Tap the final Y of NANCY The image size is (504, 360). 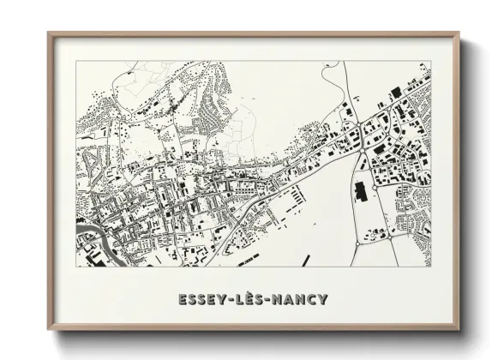(322, 299)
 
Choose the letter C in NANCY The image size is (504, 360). (311, 299)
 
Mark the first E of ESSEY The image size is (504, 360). (182, 299)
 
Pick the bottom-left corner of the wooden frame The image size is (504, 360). (49, 330)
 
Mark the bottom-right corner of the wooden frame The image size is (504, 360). (459, 330)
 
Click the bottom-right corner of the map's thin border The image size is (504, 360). (431, 267)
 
